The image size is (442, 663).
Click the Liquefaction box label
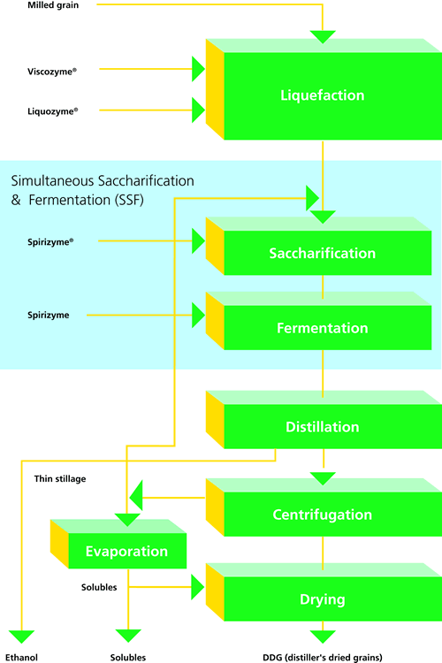click(323, 95)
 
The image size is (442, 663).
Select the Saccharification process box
click(319, 246)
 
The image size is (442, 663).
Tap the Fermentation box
click(319, 321)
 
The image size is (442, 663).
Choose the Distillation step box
click(324, 419)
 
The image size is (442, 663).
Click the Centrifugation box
click(324, 507)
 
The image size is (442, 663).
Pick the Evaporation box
click(118, 544)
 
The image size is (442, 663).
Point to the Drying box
click(324, 592)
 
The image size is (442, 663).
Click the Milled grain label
click(53, 5)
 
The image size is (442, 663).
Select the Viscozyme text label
click(52, 72)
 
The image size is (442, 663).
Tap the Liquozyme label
click(52, 111)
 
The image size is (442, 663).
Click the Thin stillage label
click(60, 478)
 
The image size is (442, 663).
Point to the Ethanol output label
click(21, 658)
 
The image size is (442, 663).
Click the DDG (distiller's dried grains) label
click(323, 658)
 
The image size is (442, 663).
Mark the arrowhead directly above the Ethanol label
click(21, 636)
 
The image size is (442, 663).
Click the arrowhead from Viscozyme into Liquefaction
click(198, 69)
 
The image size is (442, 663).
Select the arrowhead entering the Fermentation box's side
click(198, 315)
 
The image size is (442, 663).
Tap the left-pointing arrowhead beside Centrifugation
click(136, 496)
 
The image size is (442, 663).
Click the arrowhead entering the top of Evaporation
click(127, 520)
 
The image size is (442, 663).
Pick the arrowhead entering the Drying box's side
click(198, 587)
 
